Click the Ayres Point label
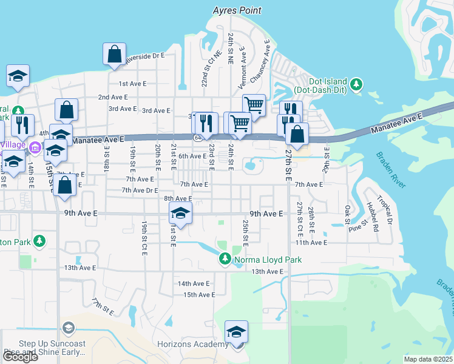tap(237, 10)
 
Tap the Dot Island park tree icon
tap(357, 83)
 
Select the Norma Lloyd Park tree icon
tap(225, 260)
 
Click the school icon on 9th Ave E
tap(180, 213)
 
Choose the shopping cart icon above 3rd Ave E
tap(254, 105)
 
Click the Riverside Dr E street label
tap(145, 56)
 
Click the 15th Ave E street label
tap(199, 295)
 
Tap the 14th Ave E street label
tap(193, 283)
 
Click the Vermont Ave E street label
tap(242, 68)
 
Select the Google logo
tap(19, 357)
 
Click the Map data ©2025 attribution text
tap(428, 359)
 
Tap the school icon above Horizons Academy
tap(236, 332)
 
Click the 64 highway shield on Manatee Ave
tap(198, 138)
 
